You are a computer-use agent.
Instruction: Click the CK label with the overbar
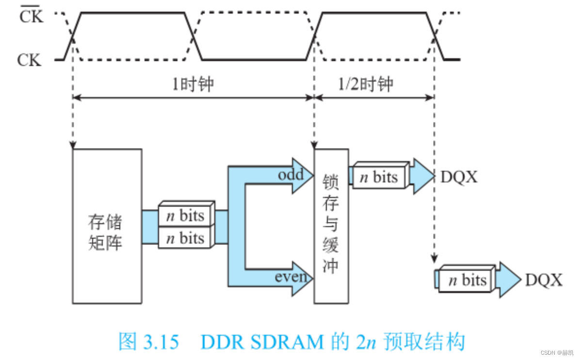(31, 17)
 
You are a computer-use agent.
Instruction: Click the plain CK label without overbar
(29, 60)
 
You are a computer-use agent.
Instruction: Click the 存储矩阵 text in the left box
(105, 232)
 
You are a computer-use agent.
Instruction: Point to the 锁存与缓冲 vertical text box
(331, 226)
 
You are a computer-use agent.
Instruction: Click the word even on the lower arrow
(290, 277)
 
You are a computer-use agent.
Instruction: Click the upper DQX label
(459, 178)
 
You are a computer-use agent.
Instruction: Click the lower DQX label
(544, 280)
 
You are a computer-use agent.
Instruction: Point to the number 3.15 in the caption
(161, 342)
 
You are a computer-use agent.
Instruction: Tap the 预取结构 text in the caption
(424, 342)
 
